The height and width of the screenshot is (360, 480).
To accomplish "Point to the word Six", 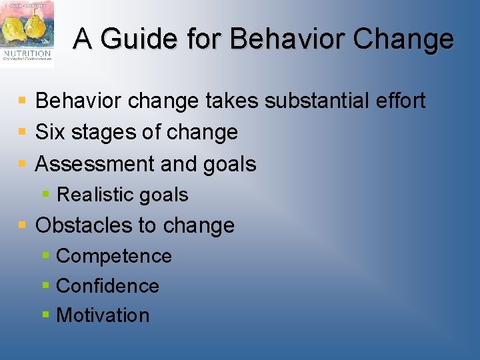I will (50, 132).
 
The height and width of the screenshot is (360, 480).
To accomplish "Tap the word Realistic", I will (96, 195).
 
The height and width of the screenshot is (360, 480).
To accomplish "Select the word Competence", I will (114, 256).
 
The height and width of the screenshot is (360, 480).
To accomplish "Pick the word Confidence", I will (107, 286).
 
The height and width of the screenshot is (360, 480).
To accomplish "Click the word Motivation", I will (103, 315).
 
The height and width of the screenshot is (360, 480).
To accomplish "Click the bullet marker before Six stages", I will (23, 132).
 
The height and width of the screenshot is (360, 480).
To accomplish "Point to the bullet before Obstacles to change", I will (23, 225).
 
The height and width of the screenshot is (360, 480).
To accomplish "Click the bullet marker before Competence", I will (45, 256).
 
